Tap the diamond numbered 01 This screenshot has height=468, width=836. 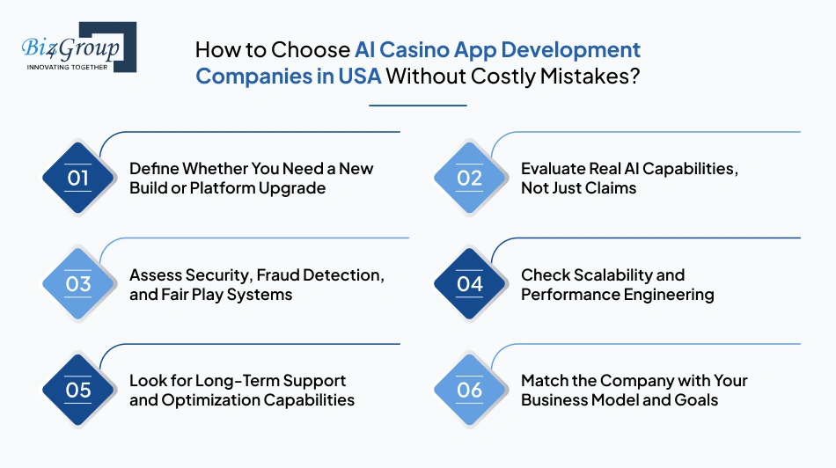pos(78,178)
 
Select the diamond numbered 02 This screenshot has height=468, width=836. pos(470,178)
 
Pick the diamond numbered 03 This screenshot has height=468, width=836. pos(78,283)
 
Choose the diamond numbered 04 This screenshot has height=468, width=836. pos(470,283)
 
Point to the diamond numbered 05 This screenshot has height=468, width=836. pos(78,390)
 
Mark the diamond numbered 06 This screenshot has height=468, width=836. pos(470,390)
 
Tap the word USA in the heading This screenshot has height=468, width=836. pos(359,76)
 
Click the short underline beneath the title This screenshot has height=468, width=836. pos(417,106)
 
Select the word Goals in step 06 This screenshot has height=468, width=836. pos(695,399)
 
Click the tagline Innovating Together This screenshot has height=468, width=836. pos(67,66)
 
